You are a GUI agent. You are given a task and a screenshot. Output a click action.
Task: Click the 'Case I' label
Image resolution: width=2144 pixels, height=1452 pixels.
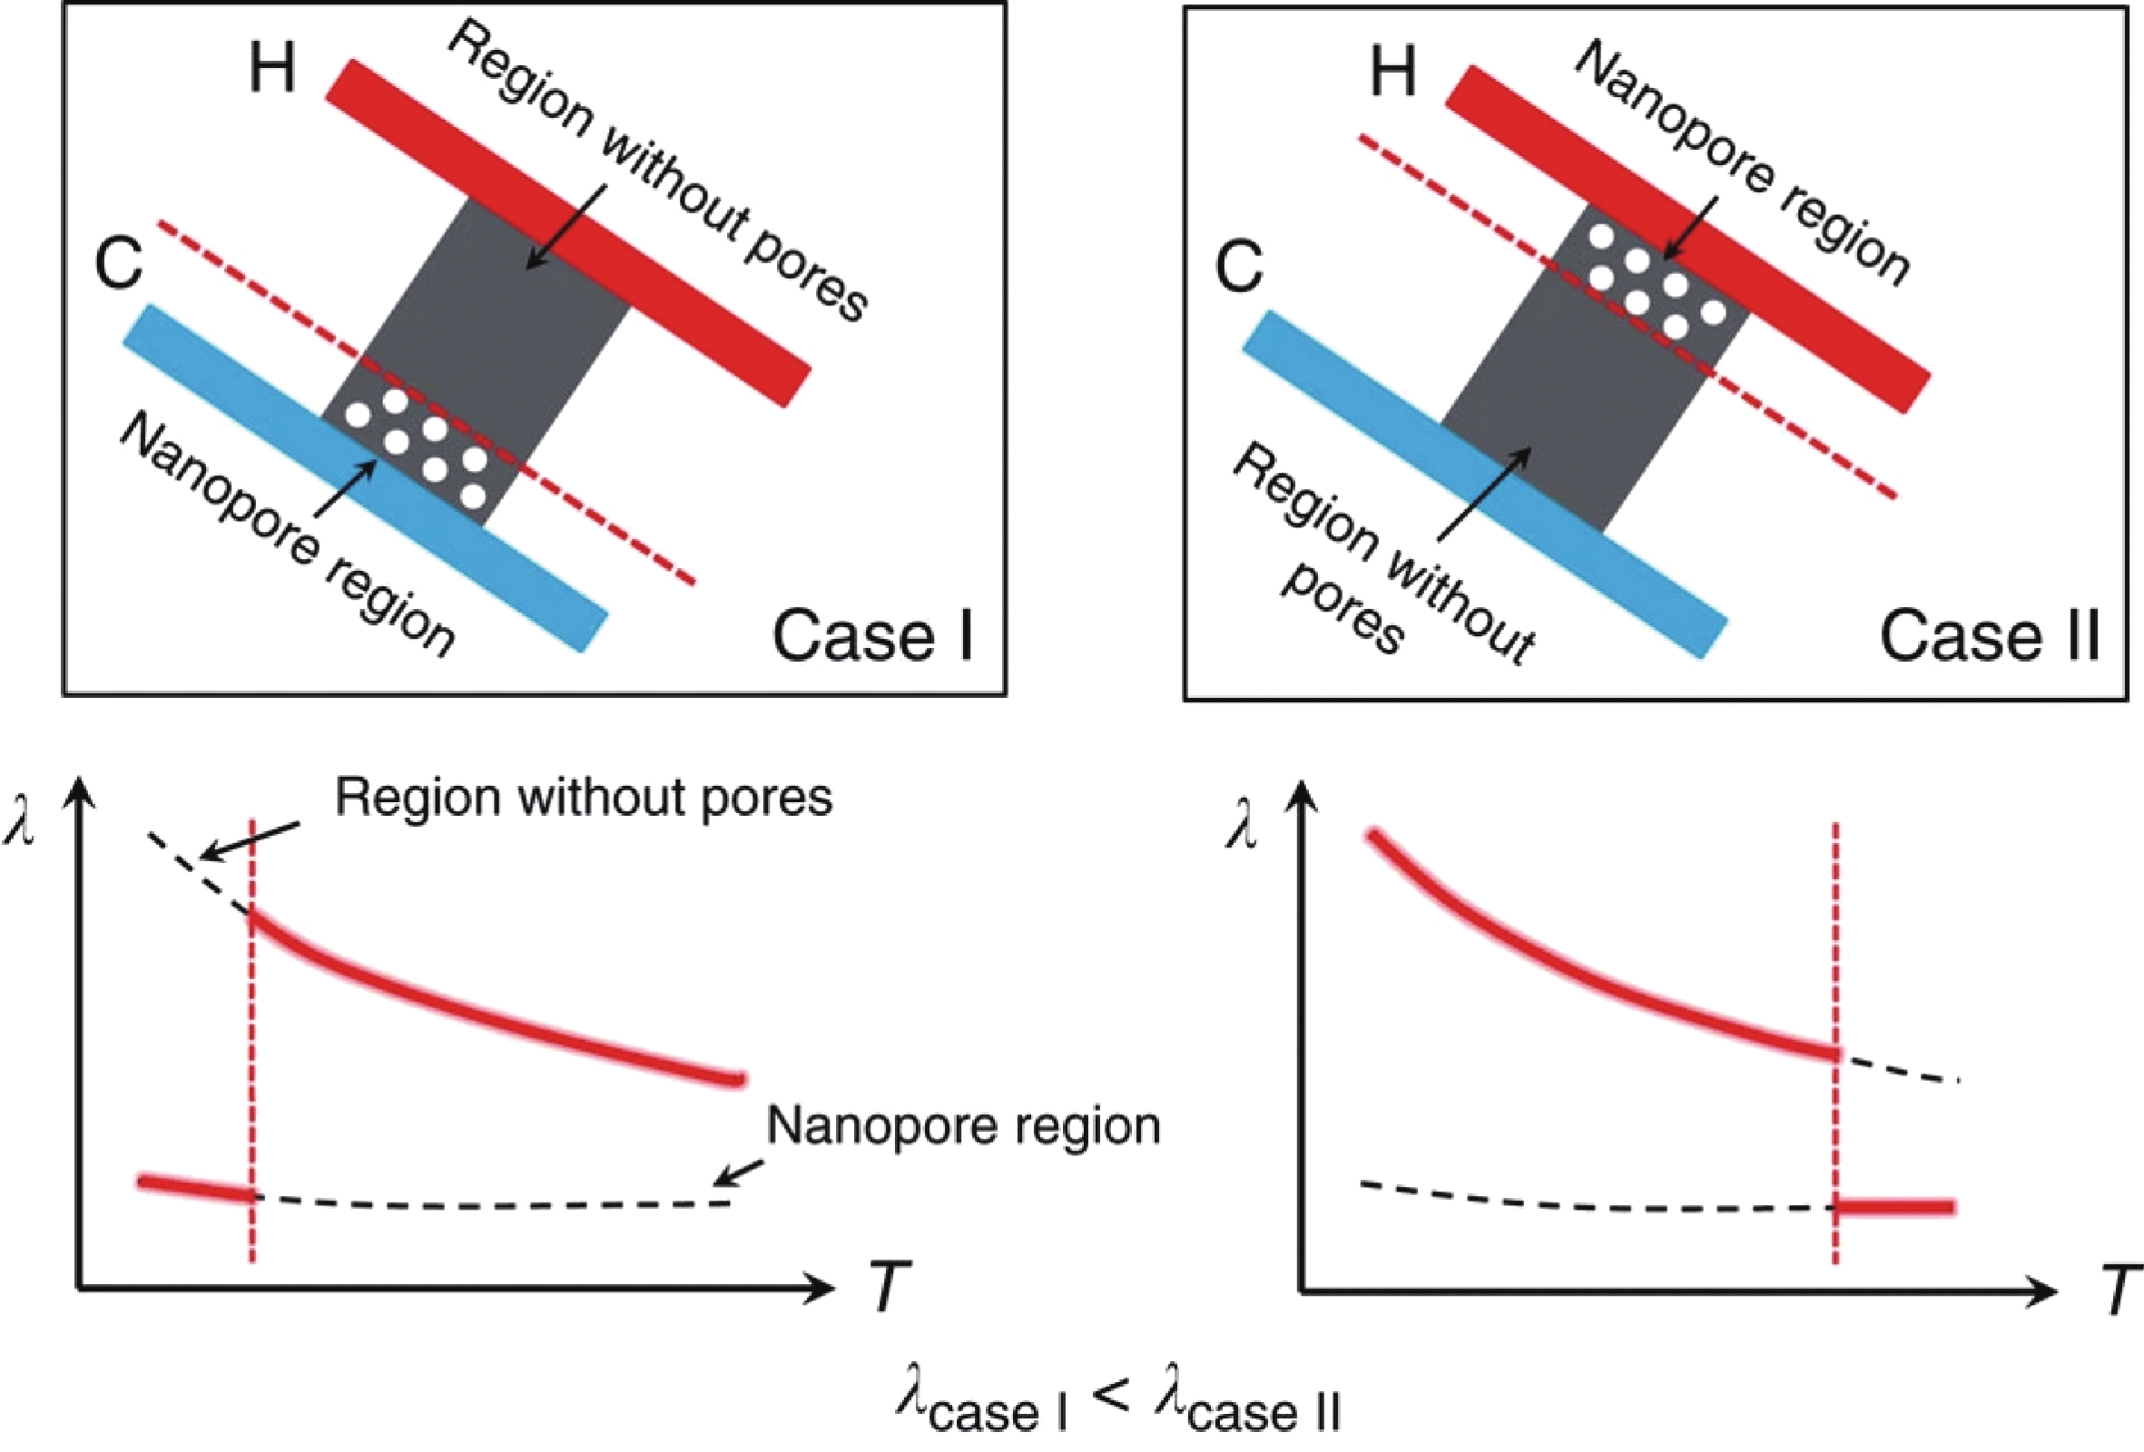pos(872,635)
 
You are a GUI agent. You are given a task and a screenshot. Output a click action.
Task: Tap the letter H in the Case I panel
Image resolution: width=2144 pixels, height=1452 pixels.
pos(272,68)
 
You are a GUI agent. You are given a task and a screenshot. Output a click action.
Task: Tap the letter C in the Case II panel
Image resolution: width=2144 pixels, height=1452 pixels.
pos(1238,266)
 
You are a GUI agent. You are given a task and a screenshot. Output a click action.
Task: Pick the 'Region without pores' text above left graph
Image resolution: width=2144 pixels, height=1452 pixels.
pos(583,797)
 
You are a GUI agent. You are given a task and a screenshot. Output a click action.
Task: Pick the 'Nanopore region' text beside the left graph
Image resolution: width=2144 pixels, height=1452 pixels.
pos(963,1126)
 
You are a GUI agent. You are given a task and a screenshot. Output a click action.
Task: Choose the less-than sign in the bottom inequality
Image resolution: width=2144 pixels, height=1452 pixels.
pos(1113,1397)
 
